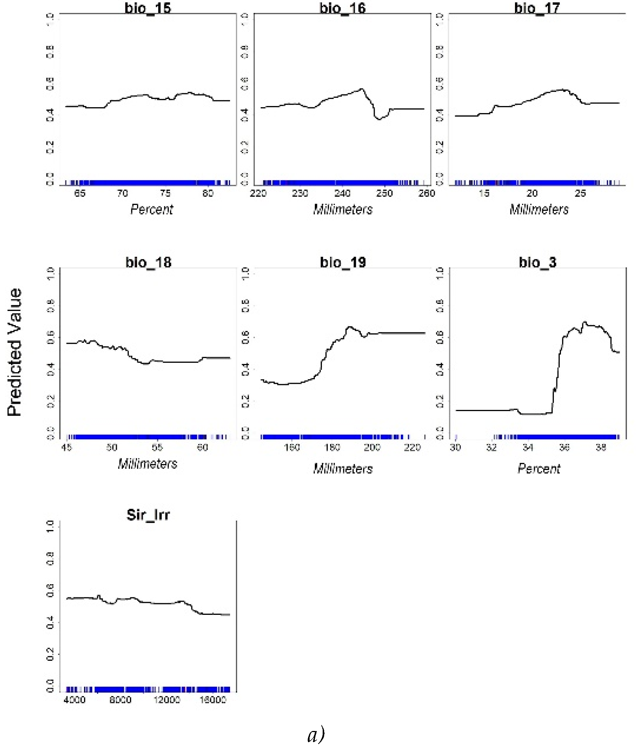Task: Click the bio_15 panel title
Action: pos(148,8)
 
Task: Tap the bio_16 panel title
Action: pos(342,8)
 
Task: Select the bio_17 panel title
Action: pos(537,8)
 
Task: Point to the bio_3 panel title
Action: pos(537,262)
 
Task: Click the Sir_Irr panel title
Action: pos(148,515)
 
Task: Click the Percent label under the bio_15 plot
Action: pos(152,209)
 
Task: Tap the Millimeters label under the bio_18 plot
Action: pos(148,464)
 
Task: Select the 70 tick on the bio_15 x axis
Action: pos(122,193)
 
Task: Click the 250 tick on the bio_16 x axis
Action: pos(384,193)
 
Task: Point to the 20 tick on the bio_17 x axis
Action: pos(532,193)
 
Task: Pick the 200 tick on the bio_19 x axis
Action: pos(372,448)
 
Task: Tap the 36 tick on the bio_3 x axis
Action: pos(564,448)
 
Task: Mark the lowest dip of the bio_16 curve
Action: pos(379,119)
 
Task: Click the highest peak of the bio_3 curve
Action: pos(585,322)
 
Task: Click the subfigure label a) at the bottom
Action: pos(316,735)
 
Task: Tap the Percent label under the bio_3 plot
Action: pos(539,469)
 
